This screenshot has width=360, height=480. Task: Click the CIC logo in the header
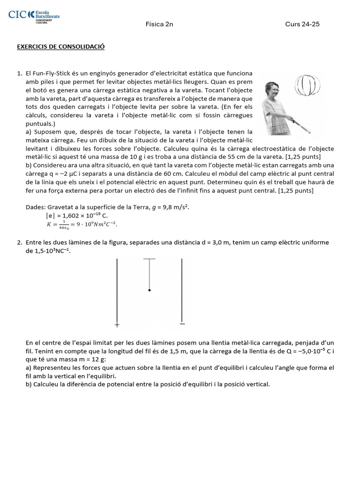click(x=34, y=16)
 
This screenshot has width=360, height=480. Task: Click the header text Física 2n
click(x=159, y=24)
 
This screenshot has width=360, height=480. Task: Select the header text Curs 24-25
click(x=302, y=24)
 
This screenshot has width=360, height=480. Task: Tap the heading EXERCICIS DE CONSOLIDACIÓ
click(x=60, y=47)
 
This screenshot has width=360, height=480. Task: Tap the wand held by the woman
click(x=304, y=123)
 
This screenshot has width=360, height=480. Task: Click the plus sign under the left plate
click(x=117, y=324)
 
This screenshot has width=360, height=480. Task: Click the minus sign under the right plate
click(x=182, y=323)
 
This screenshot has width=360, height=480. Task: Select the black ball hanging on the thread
click(x=150, y=290)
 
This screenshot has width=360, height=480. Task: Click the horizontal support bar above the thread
click(x=149, y=259)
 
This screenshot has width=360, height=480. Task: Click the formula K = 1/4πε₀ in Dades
click(x=82, y=224)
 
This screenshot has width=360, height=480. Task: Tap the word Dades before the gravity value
click(x=36, y=207)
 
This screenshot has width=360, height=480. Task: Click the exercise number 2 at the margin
click(x=19, y=242)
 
